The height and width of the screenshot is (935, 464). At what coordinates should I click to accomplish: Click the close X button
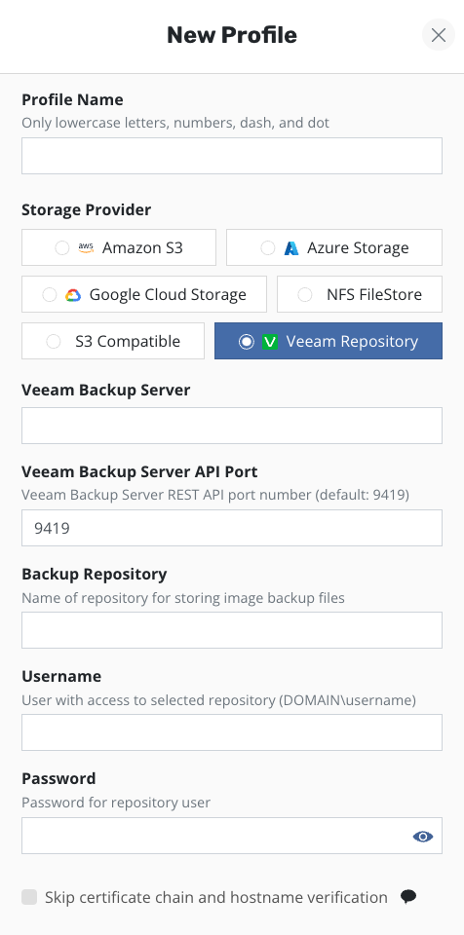[x=439, y=35]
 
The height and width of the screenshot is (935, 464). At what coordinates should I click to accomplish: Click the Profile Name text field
[x=232, y=156]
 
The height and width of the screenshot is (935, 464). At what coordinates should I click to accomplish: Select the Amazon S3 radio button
[x=62, y=247]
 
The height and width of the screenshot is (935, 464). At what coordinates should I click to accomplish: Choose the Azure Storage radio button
[x=267, y=247]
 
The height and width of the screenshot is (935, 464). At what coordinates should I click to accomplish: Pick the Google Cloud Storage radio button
[x=50, y=294]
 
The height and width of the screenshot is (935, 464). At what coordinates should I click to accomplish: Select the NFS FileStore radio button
[x=304, y=294]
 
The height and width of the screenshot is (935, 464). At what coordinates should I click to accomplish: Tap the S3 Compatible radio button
[x=54, y=342]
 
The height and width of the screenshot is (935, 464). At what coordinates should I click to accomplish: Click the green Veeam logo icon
[x=271, y=342]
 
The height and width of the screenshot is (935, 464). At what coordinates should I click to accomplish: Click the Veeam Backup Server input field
[x=232, y=426]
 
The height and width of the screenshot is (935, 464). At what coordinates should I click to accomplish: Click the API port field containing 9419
[x=232, y=528]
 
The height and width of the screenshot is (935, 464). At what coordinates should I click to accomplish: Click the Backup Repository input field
[x=232, y=630]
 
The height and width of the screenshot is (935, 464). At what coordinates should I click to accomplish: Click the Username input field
[x=232, y=732]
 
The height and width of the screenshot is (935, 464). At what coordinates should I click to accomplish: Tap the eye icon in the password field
[x=423, y=837]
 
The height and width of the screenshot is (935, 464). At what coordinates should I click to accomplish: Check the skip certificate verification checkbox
[x=29, y=897]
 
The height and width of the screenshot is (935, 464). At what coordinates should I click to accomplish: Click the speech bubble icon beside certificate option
[x=408, y=896]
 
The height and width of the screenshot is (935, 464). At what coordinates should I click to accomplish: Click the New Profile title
[x=232, y=35]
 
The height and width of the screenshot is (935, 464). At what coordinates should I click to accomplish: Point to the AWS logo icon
[x=87, y=248]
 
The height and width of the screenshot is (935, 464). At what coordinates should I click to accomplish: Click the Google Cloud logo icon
[x=73, y=294]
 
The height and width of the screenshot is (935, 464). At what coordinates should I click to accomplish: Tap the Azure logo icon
[x=291, y=248]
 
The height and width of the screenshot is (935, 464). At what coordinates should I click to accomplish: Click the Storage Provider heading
[x=86, y=210]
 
